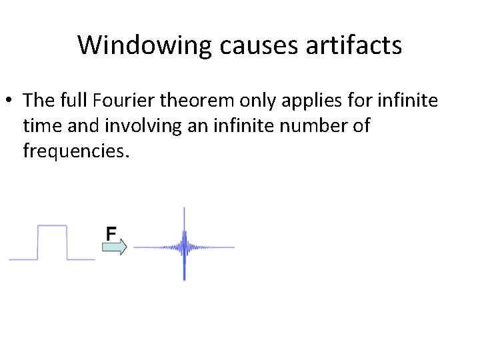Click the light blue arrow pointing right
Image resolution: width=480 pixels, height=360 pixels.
tap(114, 247)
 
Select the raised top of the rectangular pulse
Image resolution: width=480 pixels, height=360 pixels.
tap(52, 226)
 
